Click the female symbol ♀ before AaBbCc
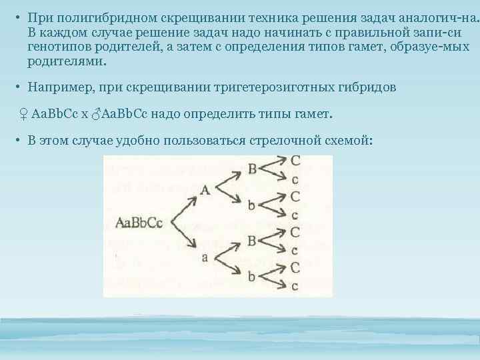tap(23, 115)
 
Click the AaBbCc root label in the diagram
tap(139, 222)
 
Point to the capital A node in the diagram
tap(205, 190)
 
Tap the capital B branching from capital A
tap(252, 169)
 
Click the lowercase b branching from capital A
tap(252, 205)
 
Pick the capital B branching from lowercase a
tap(252, 240)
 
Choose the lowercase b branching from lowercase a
tap(252, 275)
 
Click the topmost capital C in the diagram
tap(295, 161)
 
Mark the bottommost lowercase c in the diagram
tap(295, 287)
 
